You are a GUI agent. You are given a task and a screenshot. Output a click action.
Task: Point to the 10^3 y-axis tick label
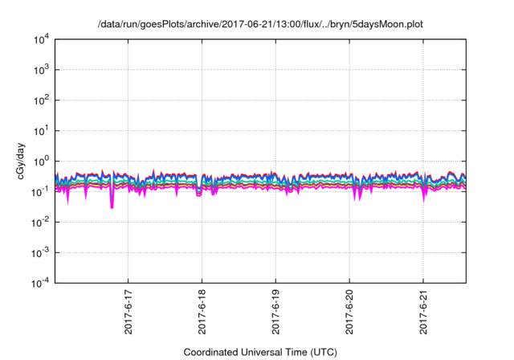click(41, 70)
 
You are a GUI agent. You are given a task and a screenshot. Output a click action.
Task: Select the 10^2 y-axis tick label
click(41, 100)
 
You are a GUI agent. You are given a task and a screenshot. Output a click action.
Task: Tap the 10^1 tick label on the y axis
click(41, 130)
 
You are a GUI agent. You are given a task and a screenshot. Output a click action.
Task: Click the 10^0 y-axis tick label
click(41, 161)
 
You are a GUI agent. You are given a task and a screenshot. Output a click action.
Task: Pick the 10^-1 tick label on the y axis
click(40, 191)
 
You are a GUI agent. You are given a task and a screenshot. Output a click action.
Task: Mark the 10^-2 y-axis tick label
click(40, 222)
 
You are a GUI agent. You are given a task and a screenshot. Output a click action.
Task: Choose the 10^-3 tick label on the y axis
click(40, 252)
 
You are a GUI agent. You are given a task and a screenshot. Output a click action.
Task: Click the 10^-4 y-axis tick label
click(40, 282)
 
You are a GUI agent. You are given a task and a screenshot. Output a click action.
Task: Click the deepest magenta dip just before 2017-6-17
click(112, 207)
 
